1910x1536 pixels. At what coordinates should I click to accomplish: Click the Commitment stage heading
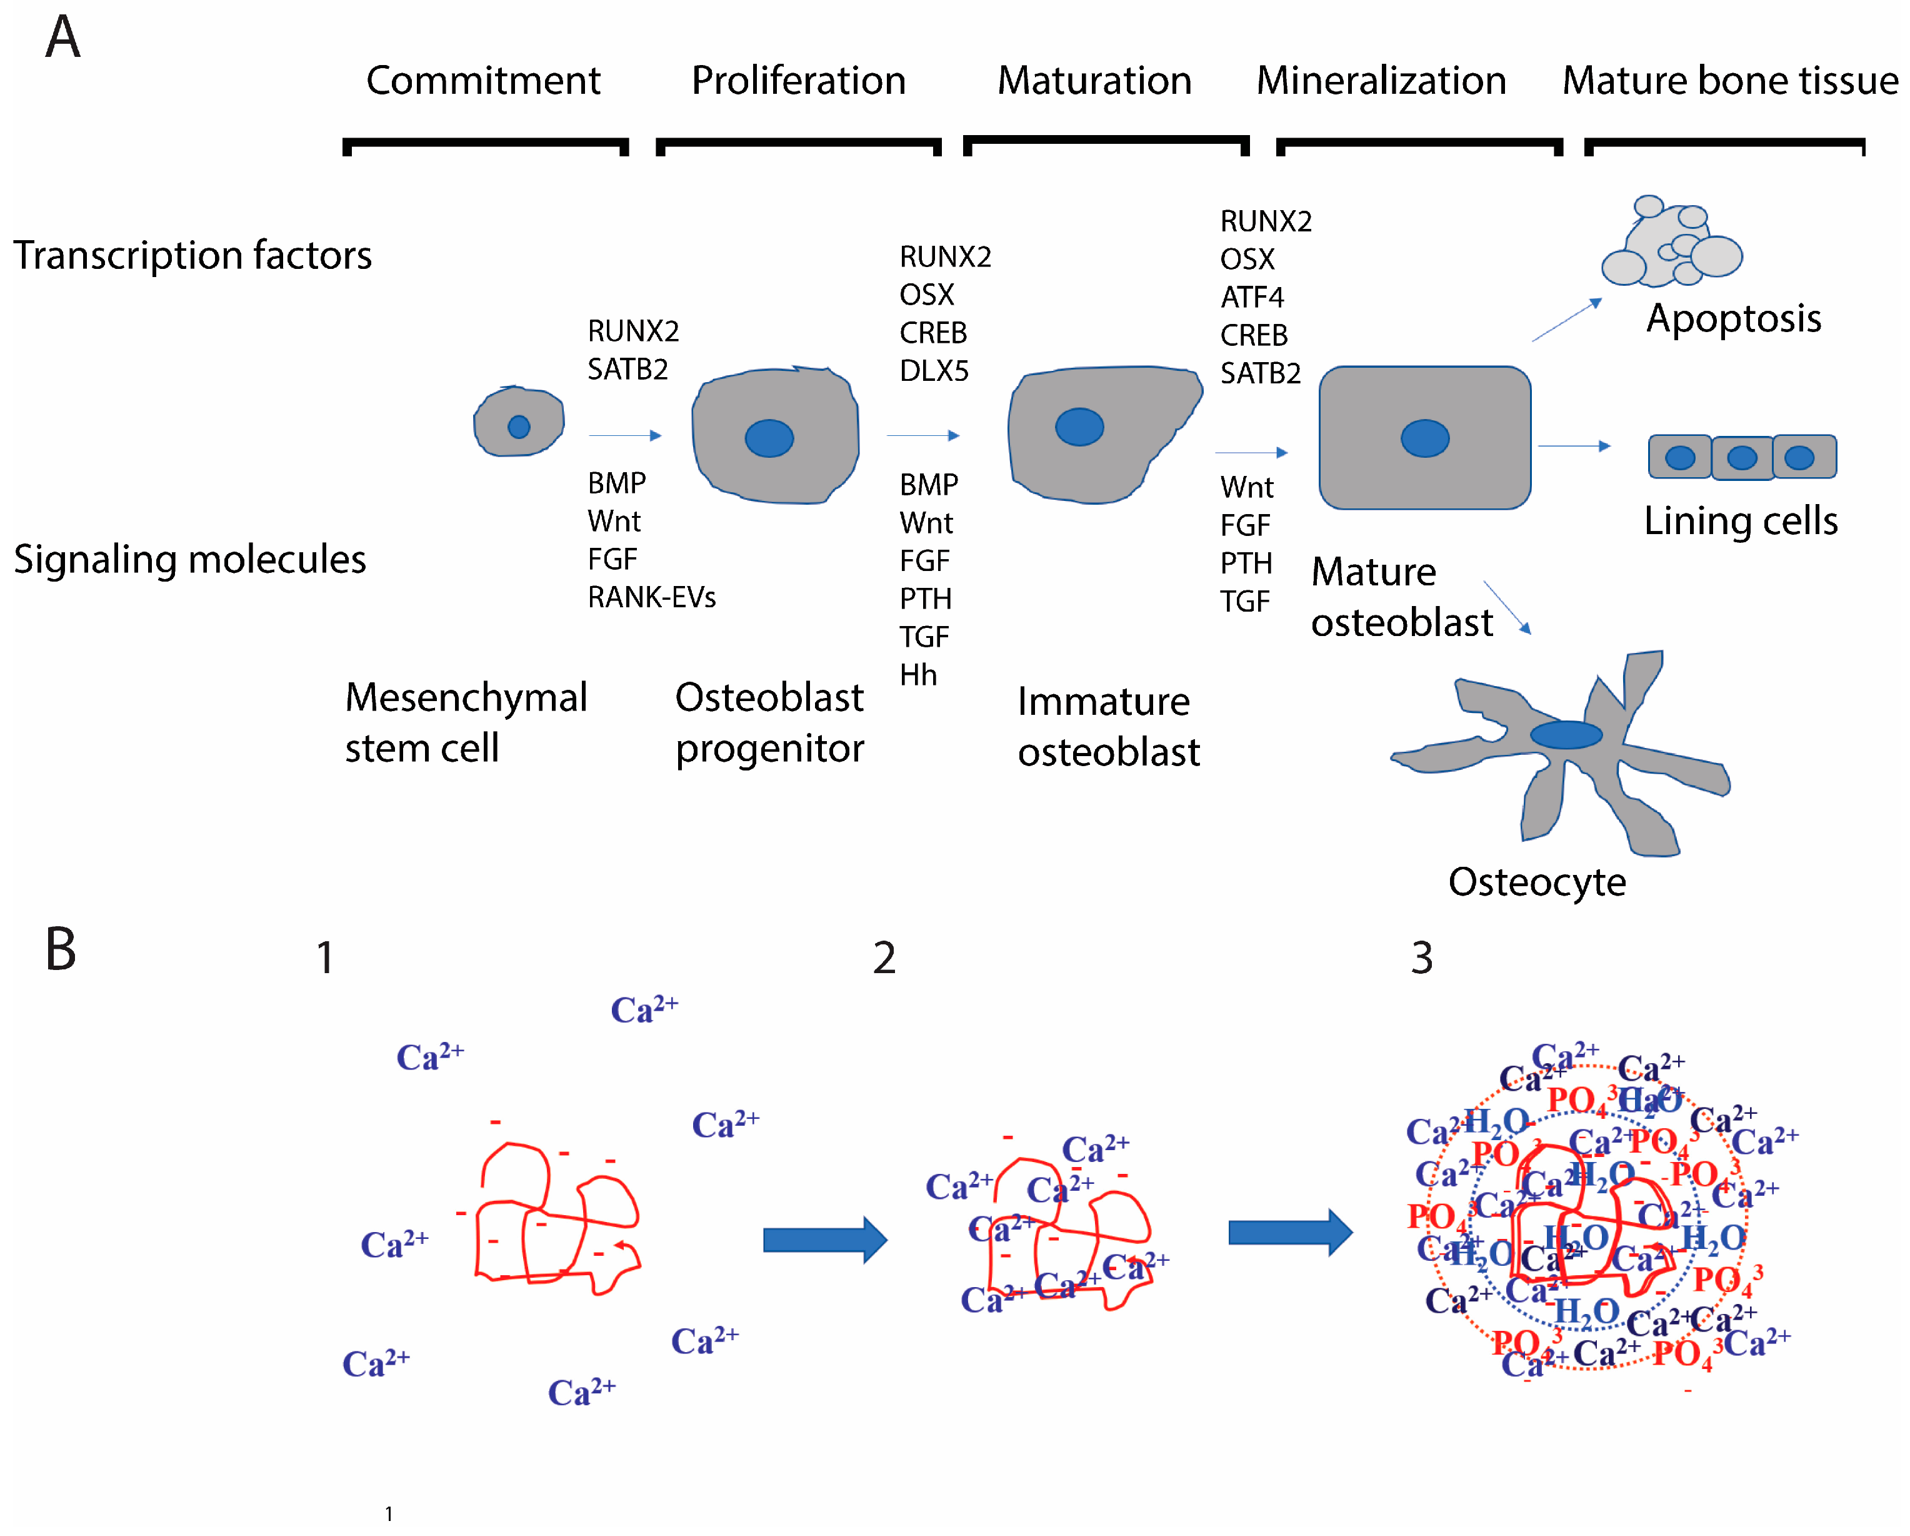tap(483, 81)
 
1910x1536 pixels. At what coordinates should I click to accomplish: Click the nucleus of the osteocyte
tap(1566, 735)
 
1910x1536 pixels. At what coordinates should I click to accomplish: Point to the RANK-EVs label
tap(651, 597)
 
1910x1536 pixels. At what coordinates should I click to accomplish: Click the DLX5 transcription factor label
tap(934, 370)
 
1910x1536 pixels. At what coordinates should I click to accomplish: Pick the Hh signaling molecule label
tap(917, 675)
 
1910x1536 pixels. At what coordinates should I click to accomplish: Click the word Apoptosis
tap(1733, 318)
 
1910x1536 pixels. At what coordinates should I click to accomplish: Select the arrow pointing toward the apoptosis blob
tap(1566, 320)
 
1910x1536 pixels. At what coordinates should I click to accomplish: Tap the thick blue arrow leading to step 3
tap(1289, 1232)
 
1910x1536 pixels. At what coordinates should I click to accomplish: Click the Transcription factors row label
tap(192, 255)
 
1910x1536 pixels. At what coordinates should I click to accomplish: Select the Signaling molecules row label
tap(189, 559)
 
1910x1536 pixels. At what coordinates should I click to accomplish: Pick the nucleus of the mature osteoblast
tap(1424, 438)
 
